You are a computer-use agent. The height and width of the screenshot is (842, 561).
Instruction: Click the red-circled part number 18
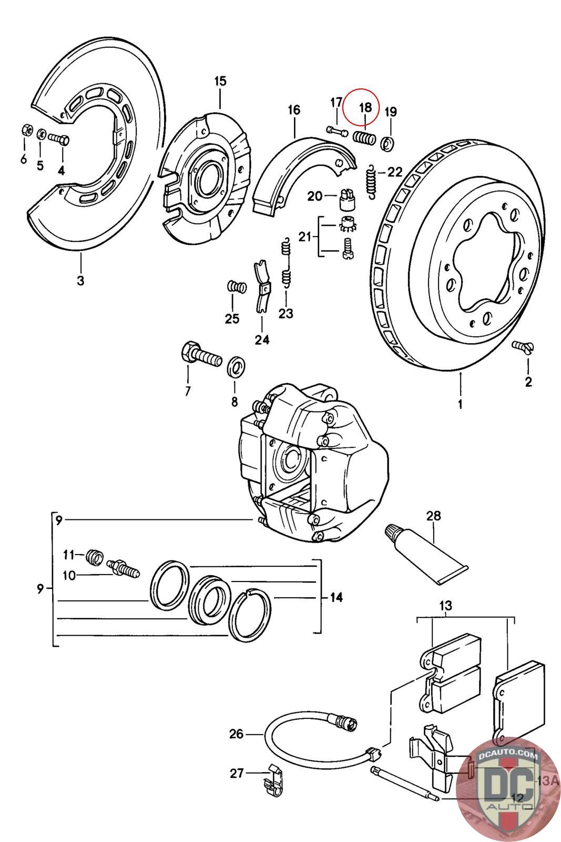pyautogui.click(x=365, y=107)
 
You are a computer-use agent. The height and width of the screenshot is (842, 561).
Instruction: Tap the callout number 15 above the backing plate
pyautogui.click(x=220, y=81)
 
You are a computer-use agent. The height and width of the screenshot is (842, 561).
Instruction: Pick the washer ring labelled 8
pyautogui.click(x=236, y=366)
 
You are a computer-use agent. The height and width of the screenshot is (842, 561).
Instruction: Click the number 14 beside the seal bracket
pyautogui.click(x=336, y=597)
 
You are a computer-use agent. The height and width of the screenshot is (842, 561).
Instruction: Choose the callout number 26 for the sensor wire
pyautogui.click(x=236, y=733)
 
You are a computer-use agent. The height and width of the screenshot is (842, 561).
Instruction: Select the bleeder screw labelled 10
pyautogui.click(x=124, y=569)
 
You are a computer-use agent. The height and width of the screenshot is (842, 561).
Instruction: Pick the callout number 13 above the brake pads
pyautogui.click(x=445, y=606)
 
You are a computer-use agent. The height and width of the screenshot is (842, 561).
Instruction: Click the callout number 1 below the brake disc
pyautogui.click(x=460, y=404)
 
